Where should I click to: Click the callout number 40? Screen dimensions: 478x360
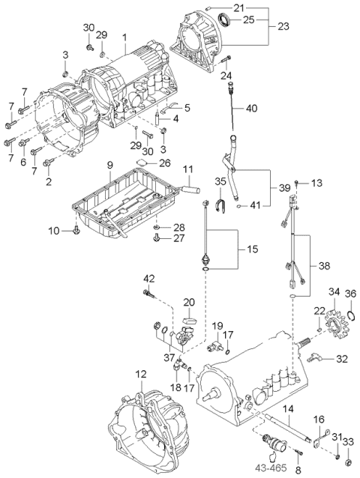coord(250,108)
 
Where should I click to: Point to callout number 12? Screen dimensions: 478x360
coord(140,373)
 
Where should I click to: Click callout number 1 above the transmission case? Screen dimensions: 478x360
coord(124,37)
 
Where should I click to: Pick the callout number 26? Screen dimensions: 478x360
coord(165,162)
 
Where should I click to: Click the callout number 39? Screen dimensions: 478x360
coord(283,187)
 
